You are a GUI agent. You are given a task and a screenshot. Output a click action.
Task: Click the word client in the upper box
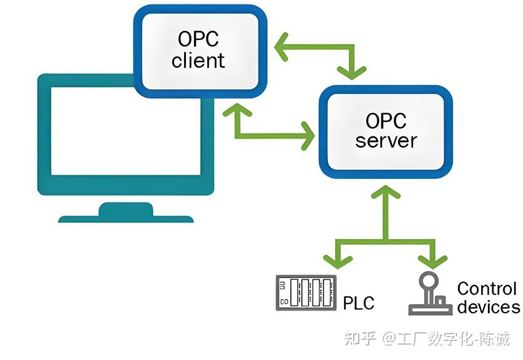click(198, 60)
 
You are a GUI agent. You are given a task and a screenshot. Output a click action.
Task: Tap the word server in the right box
click(386, 140)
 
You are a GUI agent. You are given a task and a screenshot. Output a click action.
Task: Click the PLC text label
click(359, 303)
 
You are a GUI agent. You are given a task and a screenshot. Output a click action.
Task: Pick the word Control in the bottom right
click(487, 288)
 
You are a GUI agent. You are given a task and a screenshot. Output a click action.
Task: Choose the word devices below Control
click(489, 307)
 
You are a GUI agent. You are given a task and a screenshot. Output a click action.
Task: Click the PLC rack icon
click(306, 292)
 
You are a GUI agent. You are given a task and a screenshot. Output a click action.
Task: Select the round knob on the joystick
click(426, 280)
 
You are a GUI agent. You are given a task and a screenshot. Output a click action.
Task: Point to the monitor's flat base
click(126, 217)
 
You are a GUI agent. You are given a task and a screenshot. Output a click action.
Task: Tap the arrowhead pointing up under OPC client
click(237, 111)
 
